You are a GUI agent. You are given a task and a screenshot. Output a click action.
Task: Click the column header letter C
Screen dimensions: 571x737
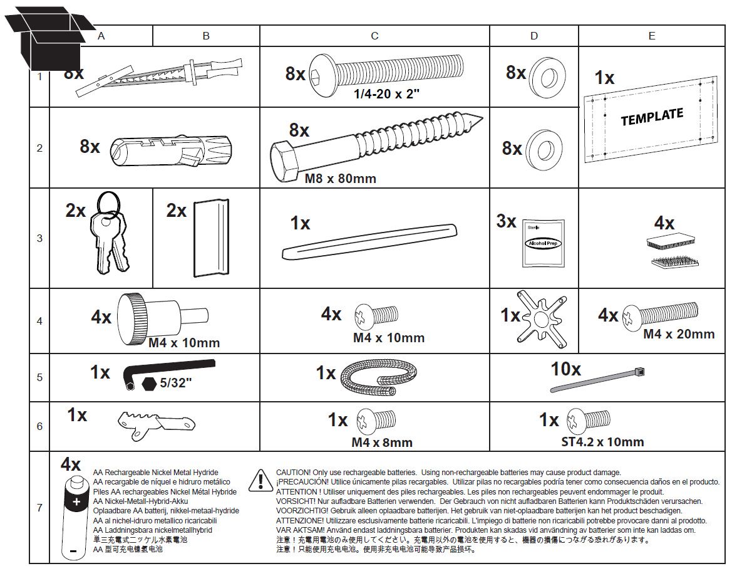coord(374,36)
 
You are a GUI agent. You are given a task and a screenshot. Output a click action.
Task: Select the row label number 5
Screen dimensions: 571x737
coord(39,377)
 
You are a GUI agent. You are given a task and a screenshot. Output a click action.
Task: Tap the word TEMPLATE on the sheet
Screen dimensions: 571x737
coord(652,117)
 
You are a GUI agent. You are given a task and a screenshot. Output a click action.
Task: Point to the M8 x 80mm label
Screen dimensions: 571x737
coord(340,179)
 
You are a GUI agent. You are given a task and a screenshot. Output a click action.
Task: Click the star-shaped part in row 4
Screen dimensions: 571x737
coord(538,317)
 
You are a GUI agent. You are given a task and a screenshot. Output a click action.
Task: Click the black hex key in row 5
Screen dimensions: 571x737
coord(169,369)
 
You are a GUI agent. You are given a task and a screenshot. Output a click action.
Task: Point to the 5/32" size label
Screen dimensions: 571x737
coord(175,384)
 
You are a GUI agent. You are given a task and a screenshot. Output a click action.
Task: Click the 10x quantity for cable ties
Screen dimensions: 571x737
coord(565,369)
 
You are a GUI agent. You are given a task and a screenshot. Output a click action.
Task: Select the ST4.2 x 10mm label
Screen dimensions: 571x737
coord(602,442)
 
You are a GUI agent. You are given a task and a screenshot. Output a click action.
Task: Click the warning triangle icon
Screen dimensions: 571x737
coord(259,480)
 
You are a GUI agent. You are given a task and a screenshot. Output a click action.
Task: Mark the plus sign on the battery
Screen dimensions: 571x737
coord(76,502)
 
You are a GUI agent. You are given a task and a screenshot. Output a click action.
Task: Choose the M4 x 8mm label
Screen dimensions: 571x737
coord(381,443)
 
